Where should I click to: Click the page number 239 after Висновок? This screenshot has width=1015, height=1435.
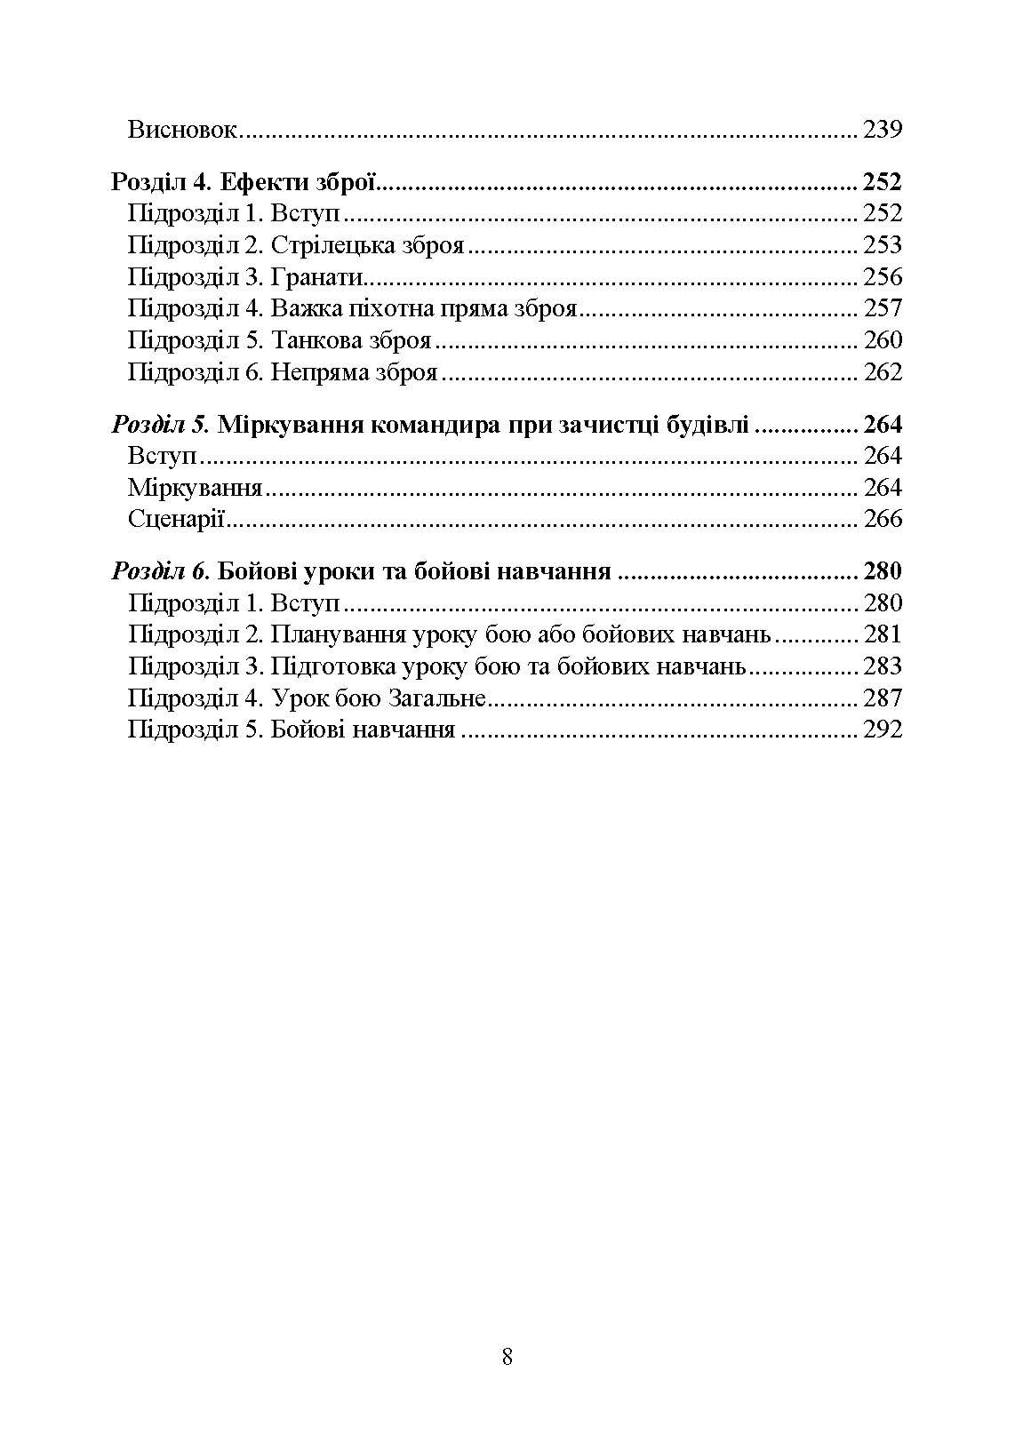(x=883, y=131)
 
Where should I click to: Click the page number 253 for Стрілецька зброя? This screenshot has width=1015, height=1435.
(x=883, y=245)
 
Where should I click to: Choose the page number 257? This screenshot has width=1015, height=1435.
(x=883, y=308)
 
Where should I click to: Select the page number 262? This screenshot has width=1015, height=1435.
(x=883, y=372)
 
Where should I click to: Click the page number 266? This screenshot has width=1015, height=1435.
(x=883, y=519)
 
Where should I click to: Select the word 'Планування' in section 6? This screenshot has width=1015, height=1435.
(x=337, y=634)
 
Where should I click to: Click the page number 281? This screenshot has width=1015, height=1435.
(x=883, y=634)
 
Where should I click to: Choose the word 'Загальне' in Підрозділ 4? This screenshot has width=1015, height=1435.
(x=436, y=698)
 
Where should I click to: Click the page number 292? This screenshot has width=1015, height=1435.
(x=883, y=729)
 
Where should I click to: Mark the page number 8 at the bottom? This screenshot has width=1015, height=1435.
(x=507, y=1357)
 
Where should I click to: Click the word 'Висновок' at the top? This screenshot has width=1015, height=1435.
(x=183, y=131)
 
